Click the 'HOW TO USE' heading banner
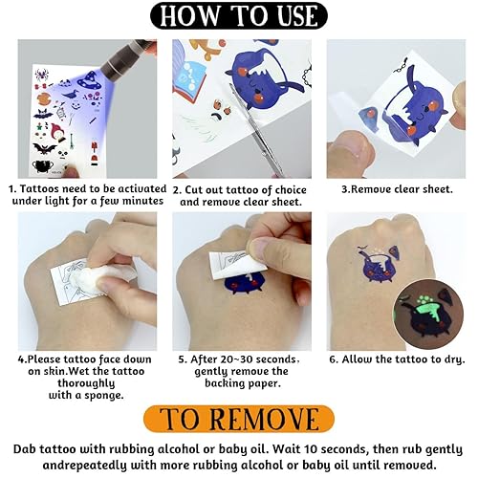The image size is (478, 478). [238, 16]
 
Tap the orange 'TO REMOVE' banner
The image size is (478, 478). [240, 419]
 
